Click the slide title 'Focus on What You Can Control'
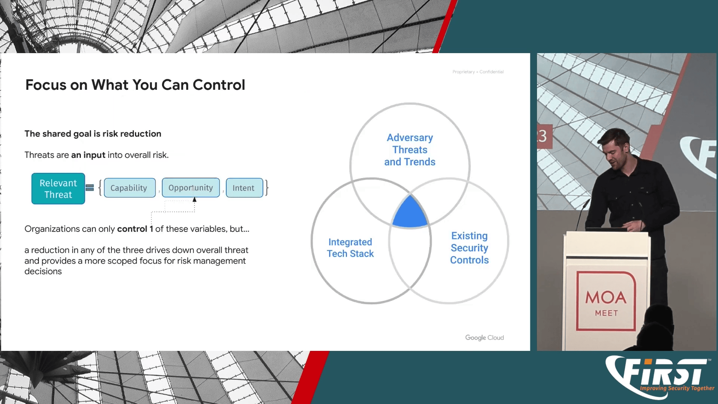[x=135, y=85]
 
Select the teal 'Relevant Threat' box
[x=58, y=189]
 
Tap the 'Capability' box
[x=130, y=188]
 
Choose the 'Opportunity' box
[x=191, y=187]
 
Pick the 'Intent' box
[x=245, y=188]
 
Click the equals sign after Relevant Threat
[x=90, y=188]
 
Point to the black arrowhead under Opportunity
[x=194, y=200]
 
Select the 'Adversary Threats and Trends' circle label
[x=410, y=150]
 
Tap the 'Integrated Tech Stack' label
[x=350, y=248]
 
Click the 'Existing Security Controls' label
[x=469, y=248]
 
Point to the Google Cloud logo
[x=484, y=337]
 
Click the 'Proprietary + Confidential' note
[x=478, y=72]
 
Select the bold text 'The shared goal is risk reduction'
[x=93, y=134]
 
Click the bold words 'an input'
[x=88, y=155]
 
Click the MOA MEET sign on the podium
[x=606, y=301]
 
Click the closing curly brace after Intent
[x=267, y=188]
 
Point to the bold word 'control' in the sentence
[x=132, y=229]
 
